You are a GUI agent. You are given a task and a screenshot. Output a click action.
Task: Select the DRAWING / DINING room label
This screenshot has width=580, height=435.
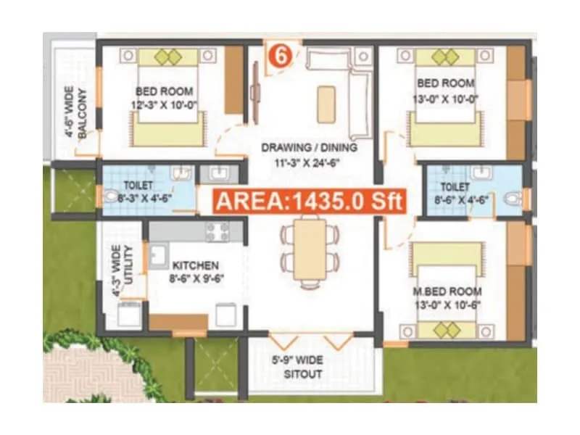click(x=310, y=148)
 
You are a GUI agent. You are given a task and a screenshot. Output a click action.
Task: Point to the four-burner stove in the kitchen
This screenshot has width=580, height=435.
click(x=217, y=232)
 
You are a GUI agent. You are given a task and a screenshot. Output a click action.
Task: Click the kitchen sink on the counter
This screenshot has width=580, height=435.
click(x=158, y=255)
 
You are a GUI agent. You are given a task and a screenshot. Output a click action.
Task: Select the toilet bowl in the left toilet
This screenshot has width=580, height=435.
click(x=109, y=196)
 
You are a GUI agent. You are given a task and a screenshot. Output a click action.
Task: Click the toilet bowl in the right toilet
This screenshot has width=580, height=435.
click(x=513, y=198)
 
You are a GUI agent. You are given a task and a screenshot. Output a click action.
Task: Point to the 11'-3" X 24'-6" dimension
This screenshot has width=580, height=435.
click(x=310, y=162)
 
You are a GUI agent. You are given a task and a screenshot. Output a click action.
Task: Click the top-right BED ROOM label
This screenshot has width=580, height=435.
click(x=445, y=83)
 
